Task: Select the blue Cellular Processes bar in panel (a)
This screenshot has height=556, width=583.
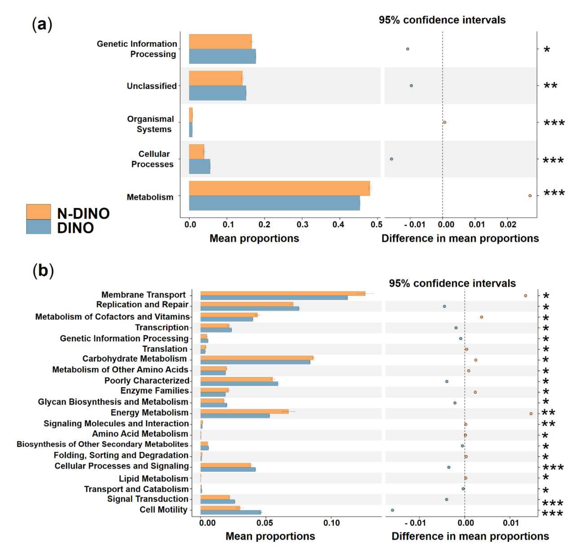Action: [x=200, y=166]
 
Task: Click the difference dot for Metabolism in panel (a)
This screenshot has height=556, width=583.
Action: [x=530, y=196]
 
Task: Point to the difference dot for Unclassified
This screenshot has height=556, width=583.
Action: [x=411, y=86]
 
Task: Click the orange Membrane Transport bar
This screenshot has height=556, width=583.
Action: [x=282, y=293]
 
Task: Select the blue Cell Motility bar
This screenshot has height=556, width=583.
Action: [x=231, y=512]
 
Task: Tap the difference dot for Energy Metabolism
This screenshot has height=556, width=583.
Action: [x=531, y=413]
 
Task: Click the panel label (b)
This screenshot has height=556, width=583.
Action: [x=43, y=270]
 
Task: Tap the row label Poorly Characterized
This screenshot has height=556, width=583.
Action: [x=147, y=381]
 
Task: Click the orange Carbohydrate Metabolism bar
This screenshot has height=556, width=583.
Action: [x=257, y=358]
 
